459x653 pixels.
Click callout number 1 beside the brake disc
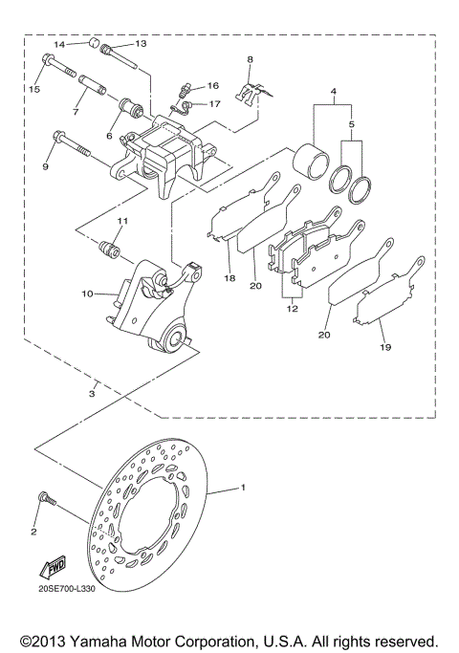243,488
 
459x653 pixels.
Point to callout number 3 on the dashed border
92,393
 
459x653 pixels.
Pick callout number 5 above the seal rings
352,123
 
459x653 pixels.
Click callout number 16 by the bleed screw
213,85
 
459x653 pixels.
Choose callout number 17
215,103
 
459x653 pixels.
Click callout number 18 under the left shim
229,278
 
